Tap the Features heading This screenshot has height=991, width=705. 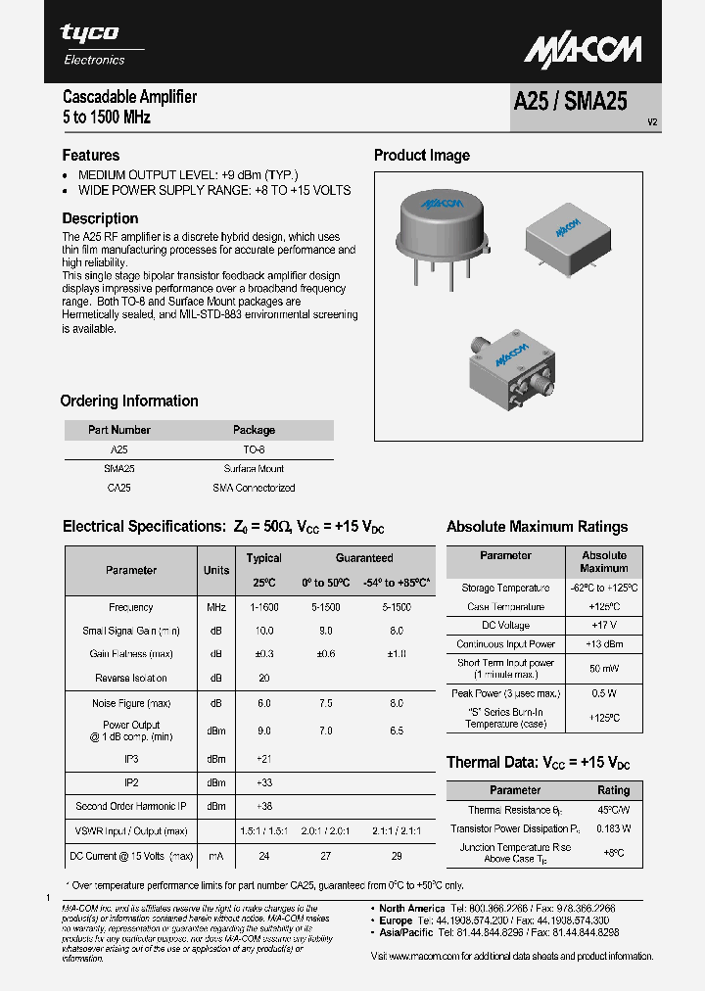(91, 155)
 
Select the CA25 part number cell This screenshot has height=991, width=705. (118, 488)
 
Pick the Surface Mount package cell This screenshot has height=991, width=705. (254, 469)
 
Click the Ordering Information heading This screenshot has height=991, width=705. (129, 401)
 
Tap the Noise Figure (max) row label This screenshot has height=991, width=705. (131, 703)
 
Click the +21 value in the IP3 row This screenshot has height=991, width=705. (263, 759)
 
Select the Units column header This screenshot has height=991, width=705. (216, 570)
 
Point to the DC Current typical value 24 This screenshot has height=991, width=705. (263, 856)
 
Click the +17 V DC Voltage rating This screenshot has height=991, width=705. (603, 626)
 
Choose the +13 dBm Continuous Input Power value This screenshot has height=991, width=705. (603, 644)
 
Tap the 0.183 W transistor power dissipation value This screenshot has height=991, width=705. (613, 828)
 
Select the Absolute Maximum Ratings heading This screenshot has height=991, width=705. (537, 527)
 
